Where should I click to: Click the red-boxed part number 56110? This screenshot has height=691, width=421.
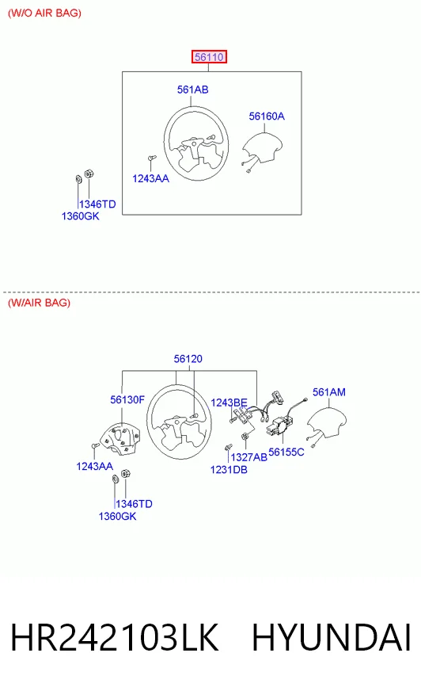(x=209, y=57)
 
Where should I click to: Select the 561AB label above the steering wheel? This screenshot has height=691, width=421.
(x=192, y=90)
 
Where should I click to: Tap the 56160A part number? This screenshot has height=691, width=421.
(x=267, y=116)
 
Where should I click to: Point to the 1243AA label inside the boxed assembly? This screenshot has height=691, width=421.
(x=150, y=178)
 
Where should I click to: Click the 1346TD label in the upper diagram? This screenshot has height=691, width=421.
(x=97, y=204)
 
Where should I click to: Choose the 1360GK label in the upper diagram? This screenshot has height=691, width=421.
(x=80, y=216)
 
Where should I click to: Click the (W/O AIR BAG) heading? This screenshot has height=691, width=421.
(x=44, y=13)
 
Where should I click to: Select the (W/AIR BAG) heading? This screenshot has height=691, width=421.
(x=39, y=303)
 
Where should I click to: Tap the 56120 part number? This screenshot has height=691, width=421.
(x=188, y=359)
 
